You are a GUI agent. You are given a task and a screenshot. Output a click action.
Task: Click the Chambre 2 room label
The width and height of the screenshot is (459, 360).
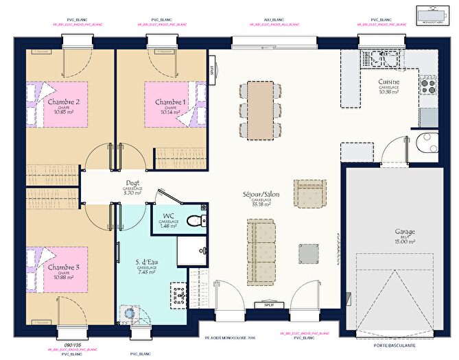[x=63, y=101]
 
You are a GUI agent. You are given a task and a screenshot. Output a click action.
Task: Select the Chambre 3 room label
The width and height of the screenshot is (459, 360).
[x=63, y=266]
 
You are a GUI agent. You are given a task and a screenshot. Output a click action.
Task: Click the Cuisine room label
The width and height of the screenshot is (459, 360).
[x=389, y=82]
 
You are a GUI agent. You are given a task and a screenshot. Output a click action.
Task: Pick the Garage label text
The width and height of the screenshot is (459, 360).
[x=405, y=232]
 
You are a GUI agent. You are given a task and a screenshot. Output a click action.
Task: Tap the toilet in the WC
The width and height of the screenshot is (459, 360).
[x=196, y=221]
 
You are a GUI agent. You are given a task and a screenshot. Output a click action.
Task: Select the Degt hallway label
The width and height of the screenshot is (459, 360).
[x=132, y=182]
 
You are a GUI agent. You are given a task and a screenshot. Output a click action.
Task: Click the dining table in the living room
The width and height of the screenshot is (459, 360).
[x=260, y=108]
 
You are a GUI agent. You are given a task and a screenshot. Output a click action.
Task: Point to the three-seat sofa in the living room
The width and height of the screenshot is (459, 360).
[x=261, y=240]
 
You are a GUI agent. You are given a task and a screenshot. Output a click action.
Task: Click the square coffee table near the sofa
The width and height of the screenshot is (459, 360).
[x=308, y=253]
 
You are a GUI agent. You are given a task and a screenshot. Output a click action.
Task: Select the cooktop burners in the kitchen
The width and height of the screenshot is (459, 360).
[x=428, y=85]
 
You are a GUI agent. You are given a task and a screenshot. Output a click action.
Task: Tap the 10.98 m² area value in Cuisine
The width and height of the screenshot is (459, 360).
[x=389, y=93]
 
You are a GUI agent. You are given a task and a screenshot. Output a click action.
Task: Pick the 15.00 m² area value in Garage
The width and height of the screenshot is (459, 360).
[x=405, y=241]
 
